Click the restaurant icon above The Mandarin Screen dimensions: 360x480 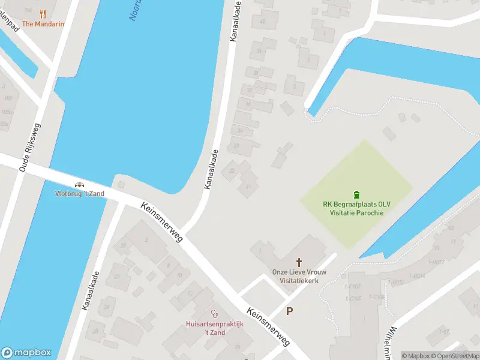(x=43, y=14)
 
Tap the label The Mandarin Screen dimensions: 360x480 (x=43, y=25)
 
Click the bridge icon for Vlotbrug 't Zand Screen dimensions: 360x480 (x=79, y=184)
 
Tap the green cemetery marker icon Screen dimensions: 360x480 (x=357, y=194)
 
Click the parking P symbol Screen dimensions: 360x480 (x=290, y=311)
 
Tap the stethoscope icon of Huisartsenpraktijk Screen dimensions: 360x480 (x=214, y=313)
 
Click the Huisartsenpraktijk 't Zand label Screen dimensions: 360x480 (x=214, y=328)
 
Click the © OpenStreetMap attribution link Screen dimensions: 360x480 (x=454, y=356)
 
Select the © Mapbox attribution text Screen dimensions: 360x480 (x=416, y=356)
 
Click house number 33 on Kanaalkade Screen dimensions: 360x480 (x=236, y=145)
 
